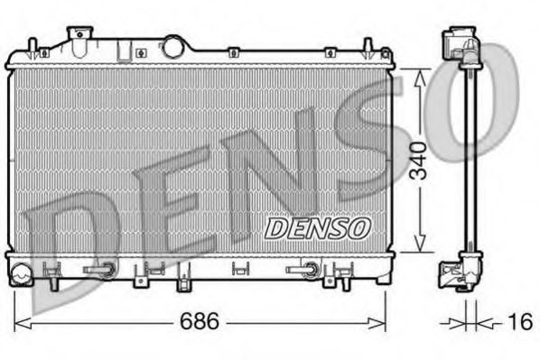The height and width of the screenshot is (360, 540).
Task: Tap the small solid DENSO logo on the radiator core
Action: tap(316, 227)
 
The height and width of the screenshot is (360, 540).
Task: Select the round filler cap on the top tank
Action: tap(172, 45)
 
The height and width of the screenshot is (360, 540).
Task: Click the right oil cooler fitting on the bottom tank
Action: tap(307, 268)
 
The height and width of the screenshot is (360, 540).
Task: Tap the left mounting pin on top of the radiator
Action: tap(33, 45)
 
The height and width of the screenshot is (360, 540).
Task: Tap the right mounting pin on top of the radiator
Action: tap(368, 45)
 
